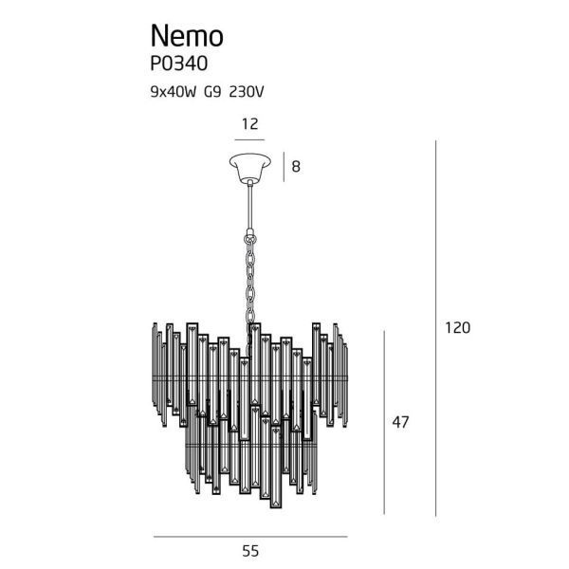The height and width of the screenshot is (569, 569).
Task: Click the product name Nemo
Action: (x=187, y=35)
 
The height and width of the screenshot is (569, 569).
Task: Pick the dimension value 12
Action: (x=250, y=123)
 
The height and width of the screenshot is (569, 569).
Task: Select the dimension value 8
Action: (x=296, y=167)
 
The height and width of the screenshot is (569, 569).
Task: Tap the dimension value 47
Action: (x=400, y=422)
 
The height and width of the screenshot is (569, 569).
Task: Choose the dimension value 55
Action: (x=250, y=550)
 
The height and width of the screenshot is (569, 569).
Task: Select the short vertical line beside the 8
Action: (x=284, y=167)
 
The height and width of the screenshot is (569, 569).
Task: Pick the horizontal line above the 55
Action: (x=250, y=537)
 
